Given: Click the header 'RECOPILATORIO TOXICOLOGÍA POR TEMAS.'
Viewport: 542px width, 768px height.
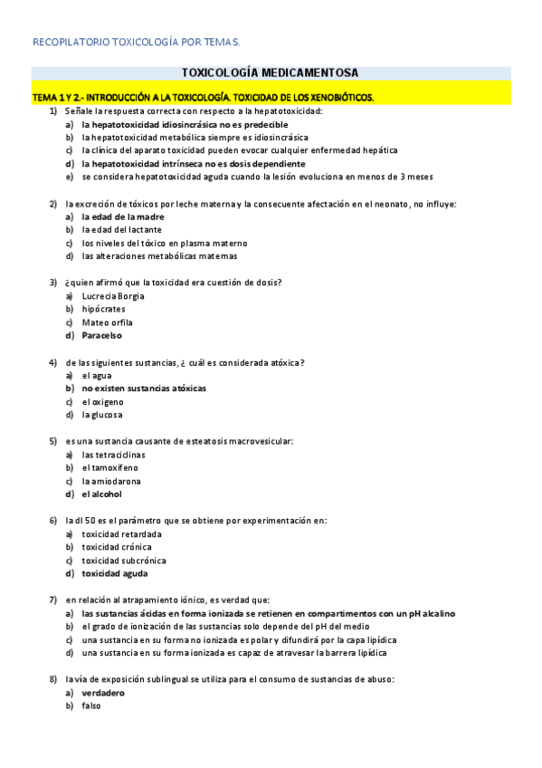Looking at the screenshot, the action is pos(137,42).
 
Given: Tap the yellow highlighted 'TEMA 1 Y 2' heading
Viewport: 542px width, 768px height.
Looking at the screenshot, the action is pos(203,96).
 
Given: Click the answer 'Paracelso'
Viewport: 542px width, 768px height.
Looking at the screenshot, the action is pos(101,335).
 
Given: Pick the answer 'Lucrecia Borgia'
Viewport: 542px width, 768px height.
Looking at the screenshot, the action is pos(112,296).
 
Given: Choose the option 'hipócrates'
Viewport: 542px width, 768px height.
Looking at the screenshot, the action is pos(103,309).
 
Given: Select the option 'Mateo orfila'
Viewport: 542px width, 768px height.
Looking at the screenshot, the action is pos(107,322).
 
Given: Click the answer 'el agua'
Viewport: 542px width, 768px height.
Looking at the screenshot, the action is pos(96,375).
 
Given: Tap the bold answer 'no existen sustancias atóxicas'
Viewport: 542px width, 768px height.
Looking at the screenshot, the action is pos(144,388).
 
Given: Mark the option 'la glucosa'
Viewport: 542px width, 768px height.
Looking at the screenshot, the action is pos(102,415).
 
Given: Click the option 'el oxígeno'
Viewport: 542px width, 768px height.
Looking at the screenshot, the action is pos(102,401).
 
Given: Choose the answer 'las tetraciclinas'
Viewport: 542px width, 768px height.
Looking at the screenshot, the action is pos(113,455).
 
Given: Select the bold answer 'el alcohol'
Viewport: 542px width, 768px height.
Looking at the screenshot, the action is pos(101,494).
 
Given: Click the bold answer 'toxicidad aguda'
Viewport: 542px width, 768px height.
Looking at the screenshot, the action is pos(115,573).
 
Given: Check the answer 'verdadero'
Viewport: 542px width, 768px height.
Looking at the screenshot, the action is pos(102,693).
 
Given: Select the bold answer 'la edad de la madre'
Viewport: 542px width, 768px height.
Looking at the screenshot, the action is pos(122,216).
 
